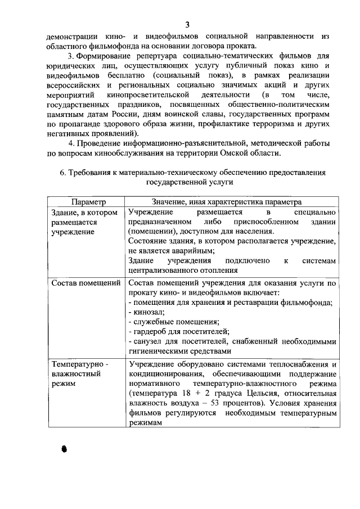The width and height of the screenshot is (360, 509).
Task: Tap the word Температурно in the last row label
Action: tap(78, 364)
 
